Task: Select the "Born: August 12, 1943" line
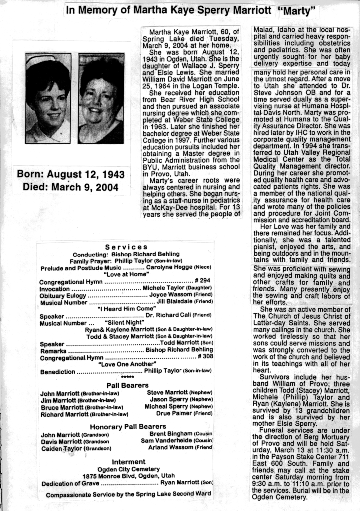[x=71, y=175]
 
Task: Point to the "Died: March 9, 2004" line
[x=71, y=188]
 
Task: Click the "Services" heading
[x=126, y=247]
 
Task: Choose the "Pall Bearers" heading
[x=127, y=385]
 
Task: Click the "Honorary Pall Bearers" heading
[x=128, y=426]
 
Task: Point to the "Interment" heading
[x=128, y=462]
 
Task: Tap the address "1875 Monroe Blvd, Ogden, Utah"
[x=129, y=476]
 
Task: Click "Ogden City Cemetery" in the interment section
[x=128, y=469]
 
